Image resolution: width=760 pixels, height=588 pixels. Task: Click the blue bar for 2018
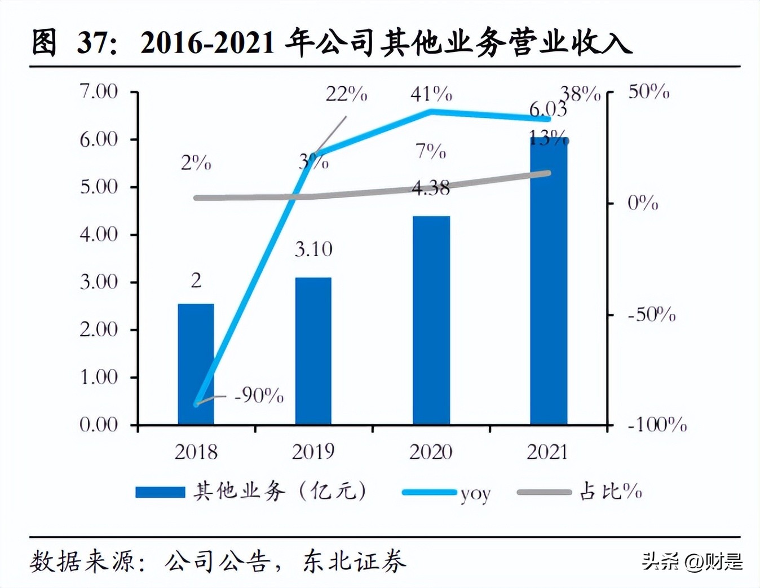point(196,364)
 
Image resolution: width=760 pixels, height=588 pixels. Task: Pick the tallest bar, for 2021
point(548,282)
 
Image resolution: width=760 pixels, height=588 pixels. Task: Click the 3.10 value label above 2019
point(313,249)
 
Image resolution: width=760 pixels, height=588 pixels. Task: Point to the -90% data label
point(259,396)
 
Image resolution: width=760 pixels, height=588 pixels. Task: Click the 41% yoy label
point(431,94)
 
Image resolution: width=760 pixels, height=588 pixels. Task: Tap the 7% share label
point(431,151)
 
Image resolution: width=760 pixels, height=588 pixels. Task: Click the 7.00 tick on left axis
point(99,91)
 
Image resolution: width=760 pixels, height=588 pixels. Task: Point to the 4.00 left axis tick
point(99,234)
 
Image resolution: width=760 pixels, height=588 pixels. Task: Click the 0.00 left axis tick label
point(99,424)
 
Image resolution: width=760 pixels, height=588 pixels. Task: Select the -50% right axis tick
point(652,314)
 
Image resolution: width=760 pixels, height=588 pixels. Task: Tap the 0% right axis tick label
point(643,203)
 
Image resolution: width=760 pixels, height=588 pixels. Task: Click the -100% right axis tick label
point(657,424)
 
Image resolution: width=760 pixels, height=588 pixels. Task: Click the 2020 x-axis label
point(431,452)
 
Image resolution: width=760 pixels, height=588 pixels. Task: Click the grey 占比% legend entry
point(581,492)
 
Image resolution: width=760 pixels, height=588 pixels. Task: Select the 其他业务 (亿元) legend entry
point(251,492)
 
